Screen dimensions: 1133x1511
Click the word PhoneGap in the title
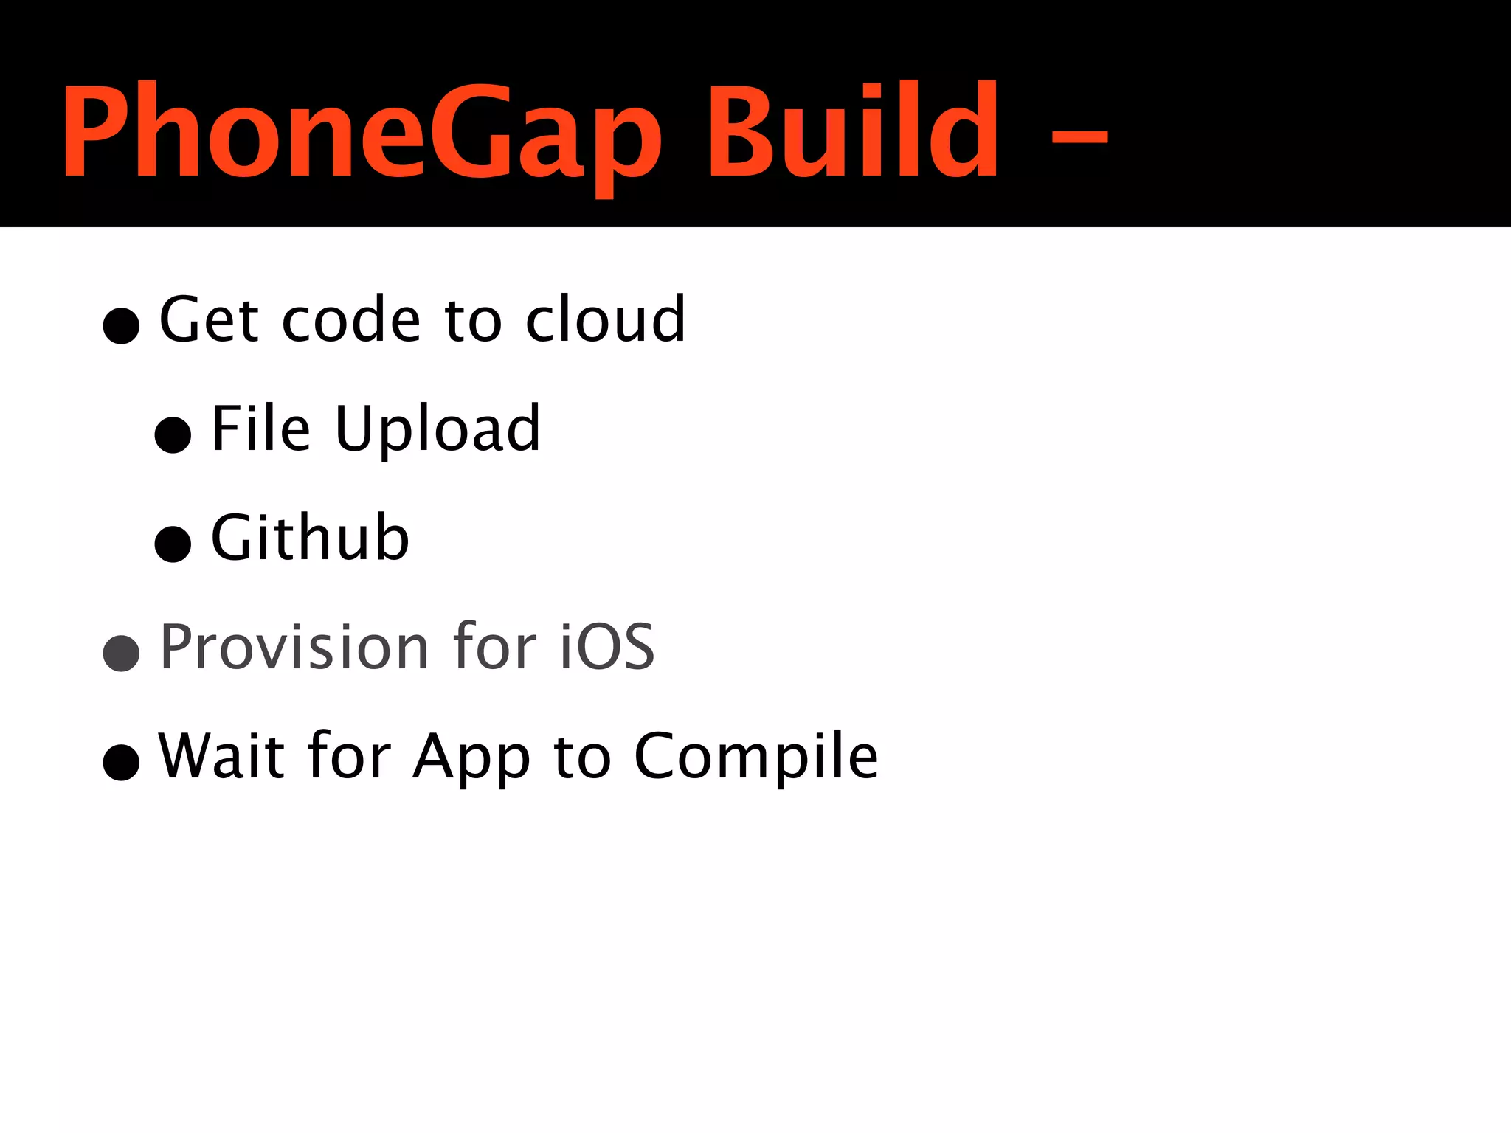[362, 133]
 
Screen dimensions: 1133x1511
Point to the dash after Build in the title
[1079, 137]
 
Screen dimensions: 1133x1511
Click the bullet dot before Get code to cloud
[122, 325]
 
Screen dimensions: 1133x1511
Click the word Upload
[438, 431]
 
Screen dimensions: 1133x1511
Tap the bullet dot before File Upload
[173, 434]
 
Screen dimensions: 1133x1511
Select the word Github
[310, 538]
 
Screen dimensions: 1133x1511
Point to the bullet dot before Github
[173, 544]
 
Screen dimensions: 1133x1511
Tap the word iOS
[606, 647]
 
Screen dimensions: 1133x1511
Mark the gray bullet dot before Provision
[122, 653]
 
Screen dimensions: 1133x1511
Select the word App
[471, 758]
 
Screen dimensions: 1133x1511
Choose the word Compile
[756, 758]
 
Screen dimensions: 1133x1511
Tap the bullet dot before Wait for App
[122, 762]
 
